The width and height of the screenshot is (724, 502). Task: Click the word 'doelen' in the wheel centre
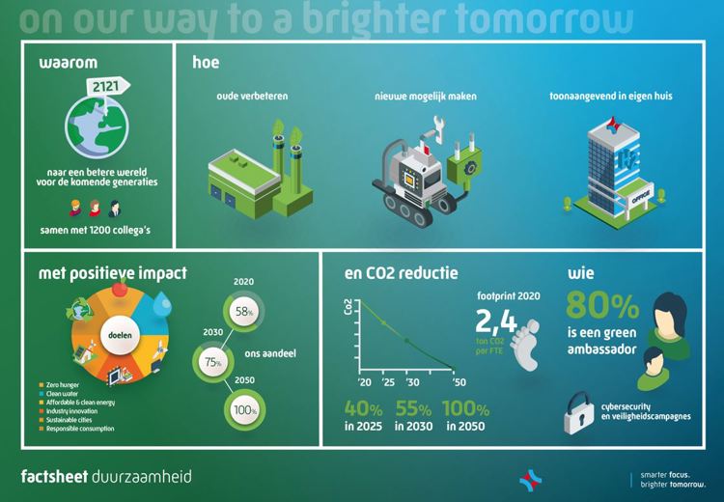pyautogui.click(x=119, y=333)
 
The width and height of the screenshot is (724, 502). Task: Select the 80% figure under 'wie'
pyautogui.click(x=602, y=307)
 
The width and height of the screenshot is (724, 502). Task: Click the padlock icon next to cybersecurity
pyautogui.click(x=581, y=410)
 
